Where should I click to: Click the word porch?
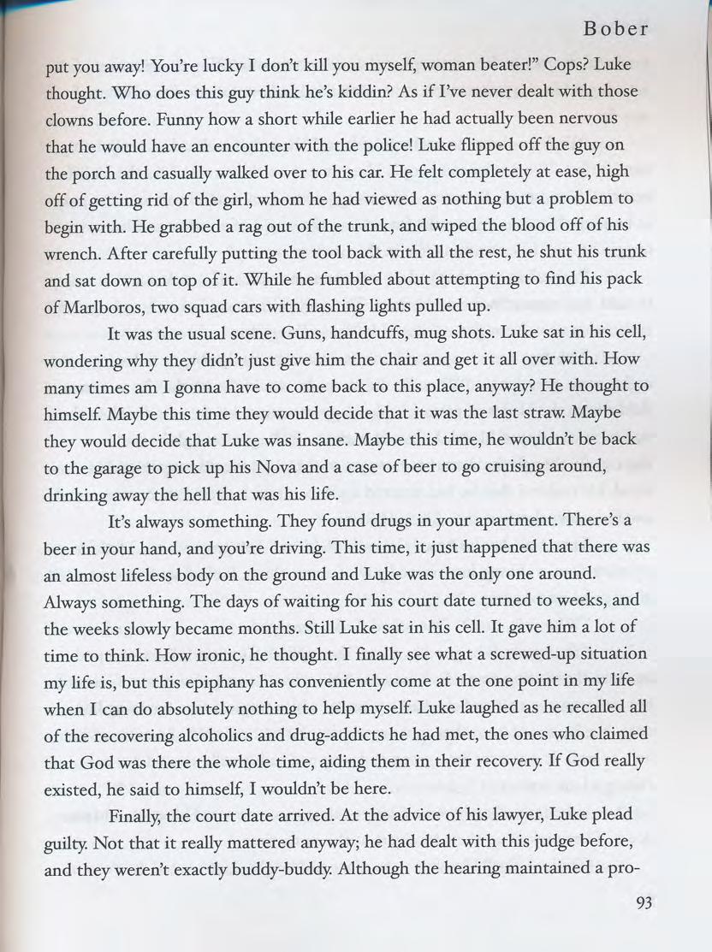pyautogui.click(x=95, y=173)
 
